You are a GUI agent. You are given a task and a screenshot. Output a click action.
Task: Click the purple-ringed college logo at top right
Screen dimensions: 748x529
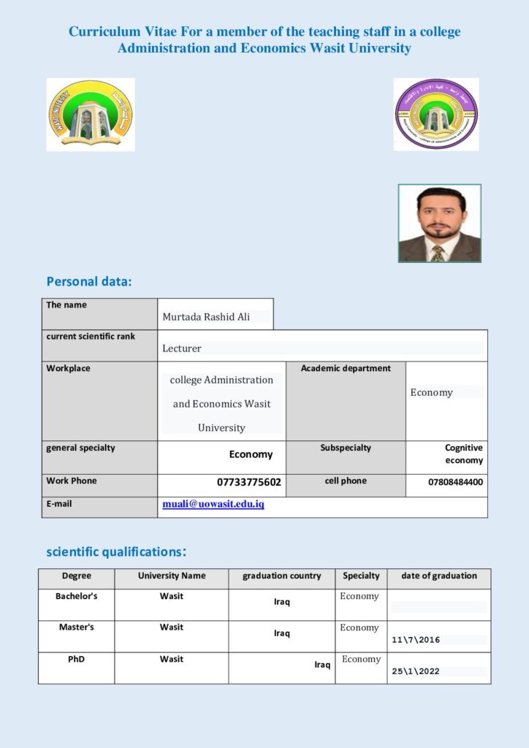436,114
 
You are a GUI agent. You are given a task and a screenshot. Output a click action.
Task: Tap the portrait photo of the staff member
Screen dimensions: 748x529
439,223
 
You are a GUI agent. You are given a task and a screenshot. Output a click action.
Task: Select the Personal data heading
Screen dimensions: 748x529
89,281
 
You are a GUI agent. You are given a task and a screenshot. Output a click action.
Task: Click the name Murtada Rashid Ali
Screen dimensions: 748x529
206,317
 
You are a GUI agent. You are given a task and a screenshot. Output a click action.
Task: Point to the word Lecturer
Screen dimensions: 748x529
182,348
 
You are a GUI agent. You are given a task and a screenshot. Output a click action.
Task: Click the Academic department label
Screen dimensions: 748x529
346,368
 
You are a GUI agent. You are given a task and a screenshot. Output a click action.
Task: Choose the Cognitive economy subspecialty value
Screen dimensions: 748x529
464,454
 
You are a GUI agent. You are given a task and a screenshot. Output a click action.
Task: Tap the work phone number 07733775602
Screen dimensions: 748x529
249,482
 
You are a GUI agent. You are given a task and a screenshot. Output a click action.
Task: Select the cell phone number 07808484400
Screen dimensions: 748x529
455,482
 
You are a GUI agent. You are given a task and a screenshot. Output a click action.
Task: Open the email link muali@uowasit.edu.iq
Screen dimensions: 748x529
213,504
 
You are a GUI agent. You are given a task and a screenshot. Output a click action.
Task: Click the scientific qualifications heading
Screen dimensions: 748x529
116,552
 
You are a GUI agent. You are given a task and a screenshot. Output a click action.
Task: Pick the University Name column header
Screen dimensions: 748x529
172,576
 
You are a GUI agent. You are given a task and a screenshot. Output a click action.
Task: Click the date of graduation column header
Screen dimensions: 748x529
439,576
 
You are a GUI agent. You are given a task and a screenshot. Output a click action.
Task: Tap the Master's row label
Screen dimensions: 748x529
77,627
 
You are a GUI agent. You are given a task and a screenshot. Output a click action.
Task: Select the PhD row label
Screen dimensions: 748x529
77,659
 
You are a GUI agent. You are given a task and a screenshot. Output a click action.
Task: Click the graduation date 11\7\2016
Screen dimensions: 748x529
416,640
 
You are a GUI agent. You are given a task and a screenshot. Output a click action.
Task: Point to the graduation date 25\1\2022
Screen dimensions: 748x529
416,671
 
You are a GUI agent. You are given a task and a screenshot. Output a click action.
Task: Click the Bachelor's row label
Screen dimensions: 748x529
77,596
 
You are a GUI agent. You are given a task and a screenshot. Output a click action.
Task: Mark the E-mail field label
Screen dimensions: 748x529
59,503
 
